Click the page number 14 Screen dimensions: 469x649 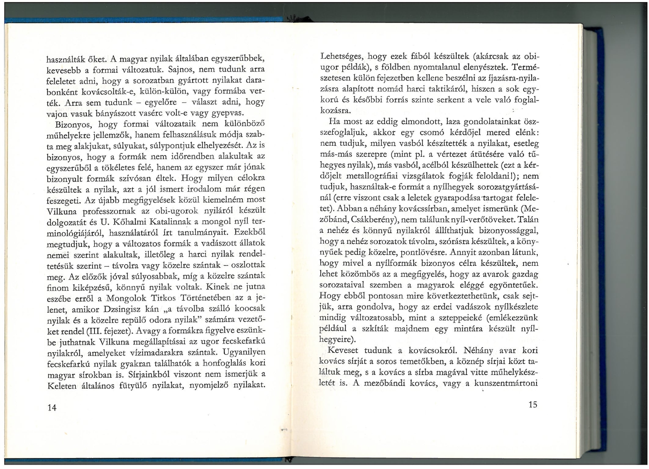52,408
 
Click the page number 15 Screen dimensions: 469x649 532,404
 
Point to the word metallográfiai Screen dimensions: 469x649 367,176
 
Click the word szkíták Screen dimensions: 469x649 373,328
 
